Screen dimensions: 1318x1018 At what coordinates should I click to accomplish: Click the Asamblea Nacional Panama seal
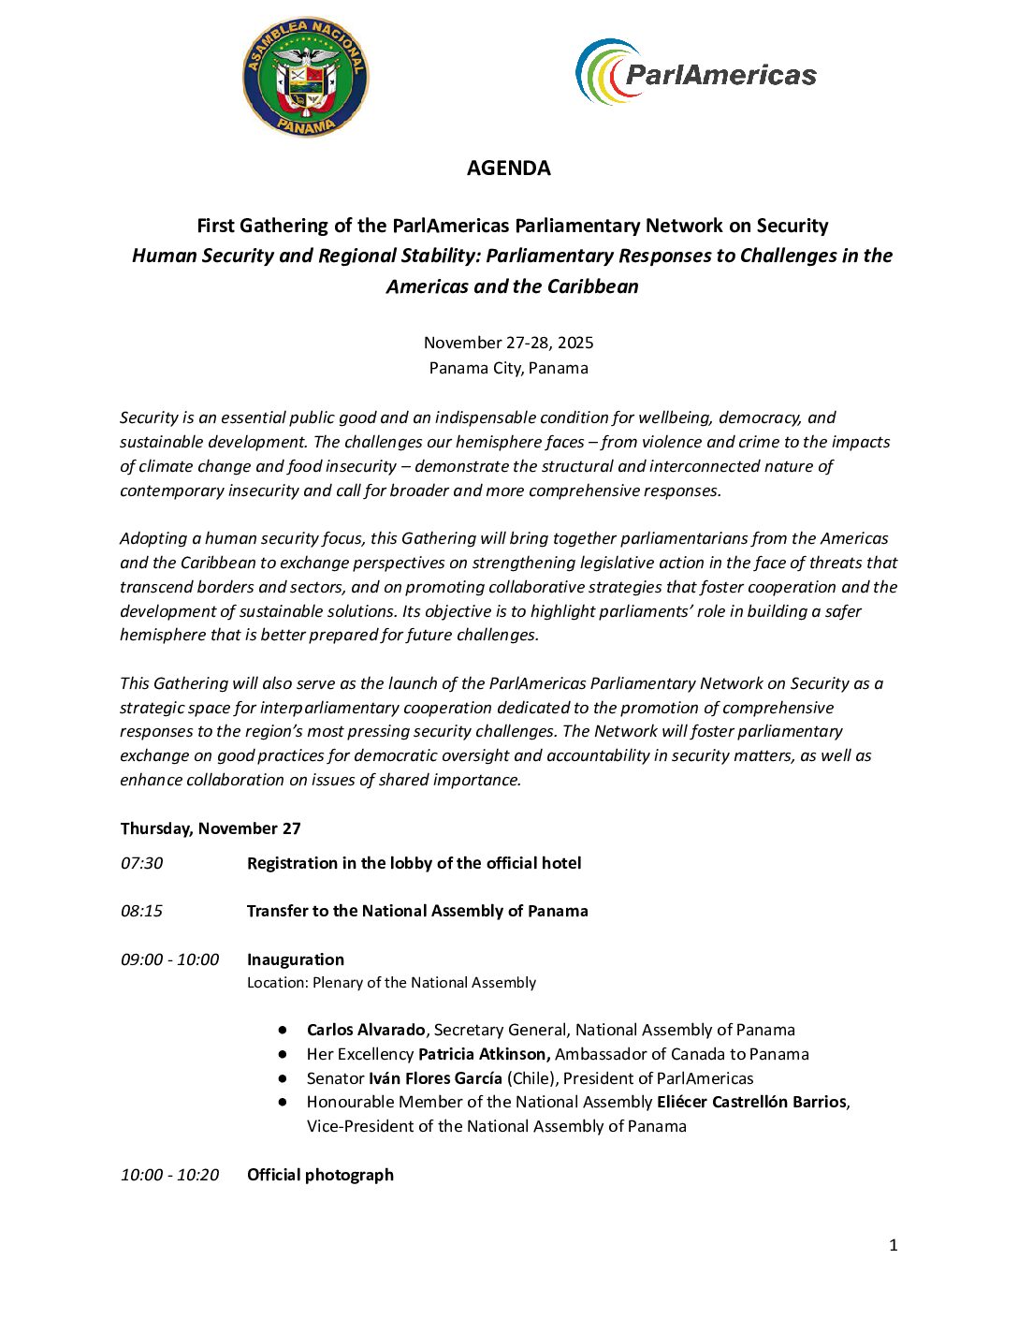click(306, 77)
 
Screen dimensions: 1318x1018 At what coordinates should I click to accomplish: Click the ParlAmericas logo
click(696, 73)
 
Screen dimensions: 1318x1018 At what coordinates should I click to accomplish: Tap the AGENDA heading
click(508, 168)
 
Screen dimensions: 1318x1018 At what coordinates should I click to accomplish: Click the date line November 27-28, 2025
click(508, 343)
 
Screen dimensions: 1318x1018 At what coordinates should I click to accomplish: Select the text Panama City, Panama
click(508, 368)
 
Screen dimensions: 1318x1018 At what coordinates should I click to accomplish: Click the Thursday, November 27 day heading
click(211, 828)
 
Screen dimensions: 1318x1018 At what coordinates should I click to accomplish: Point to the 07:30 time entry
click(141, 863)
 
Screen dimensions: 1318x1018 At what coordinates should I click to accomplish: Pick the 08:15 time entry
click(141, 911)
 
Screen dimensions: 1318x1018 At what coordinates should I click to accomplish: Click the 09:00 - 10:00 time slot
click(169, 959)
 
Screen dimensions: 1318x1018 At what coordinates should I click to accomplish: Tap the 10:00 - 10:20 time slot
click(169, 1175)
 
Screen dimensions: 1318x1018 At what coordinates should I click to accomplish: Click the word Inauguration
click(295, 959)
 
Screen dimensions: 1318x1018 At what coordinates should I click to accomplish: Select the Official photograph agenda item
click(320, 1175)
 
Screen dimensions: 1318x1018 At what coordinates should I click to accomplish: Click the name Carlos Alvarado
click(366, 1030)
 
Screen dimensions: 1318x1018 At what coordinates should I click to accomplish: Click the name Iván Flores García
click(435, 1078)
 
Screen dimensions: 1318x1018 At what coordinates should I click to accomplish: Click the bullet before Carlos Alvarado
click(283, 1030)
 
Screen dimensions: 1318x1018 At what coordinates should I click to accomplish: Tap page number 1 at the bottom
click(893, 1245)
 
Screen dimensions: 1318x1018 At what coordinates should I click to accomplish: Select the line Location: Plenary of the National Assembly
click(391, 983)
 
